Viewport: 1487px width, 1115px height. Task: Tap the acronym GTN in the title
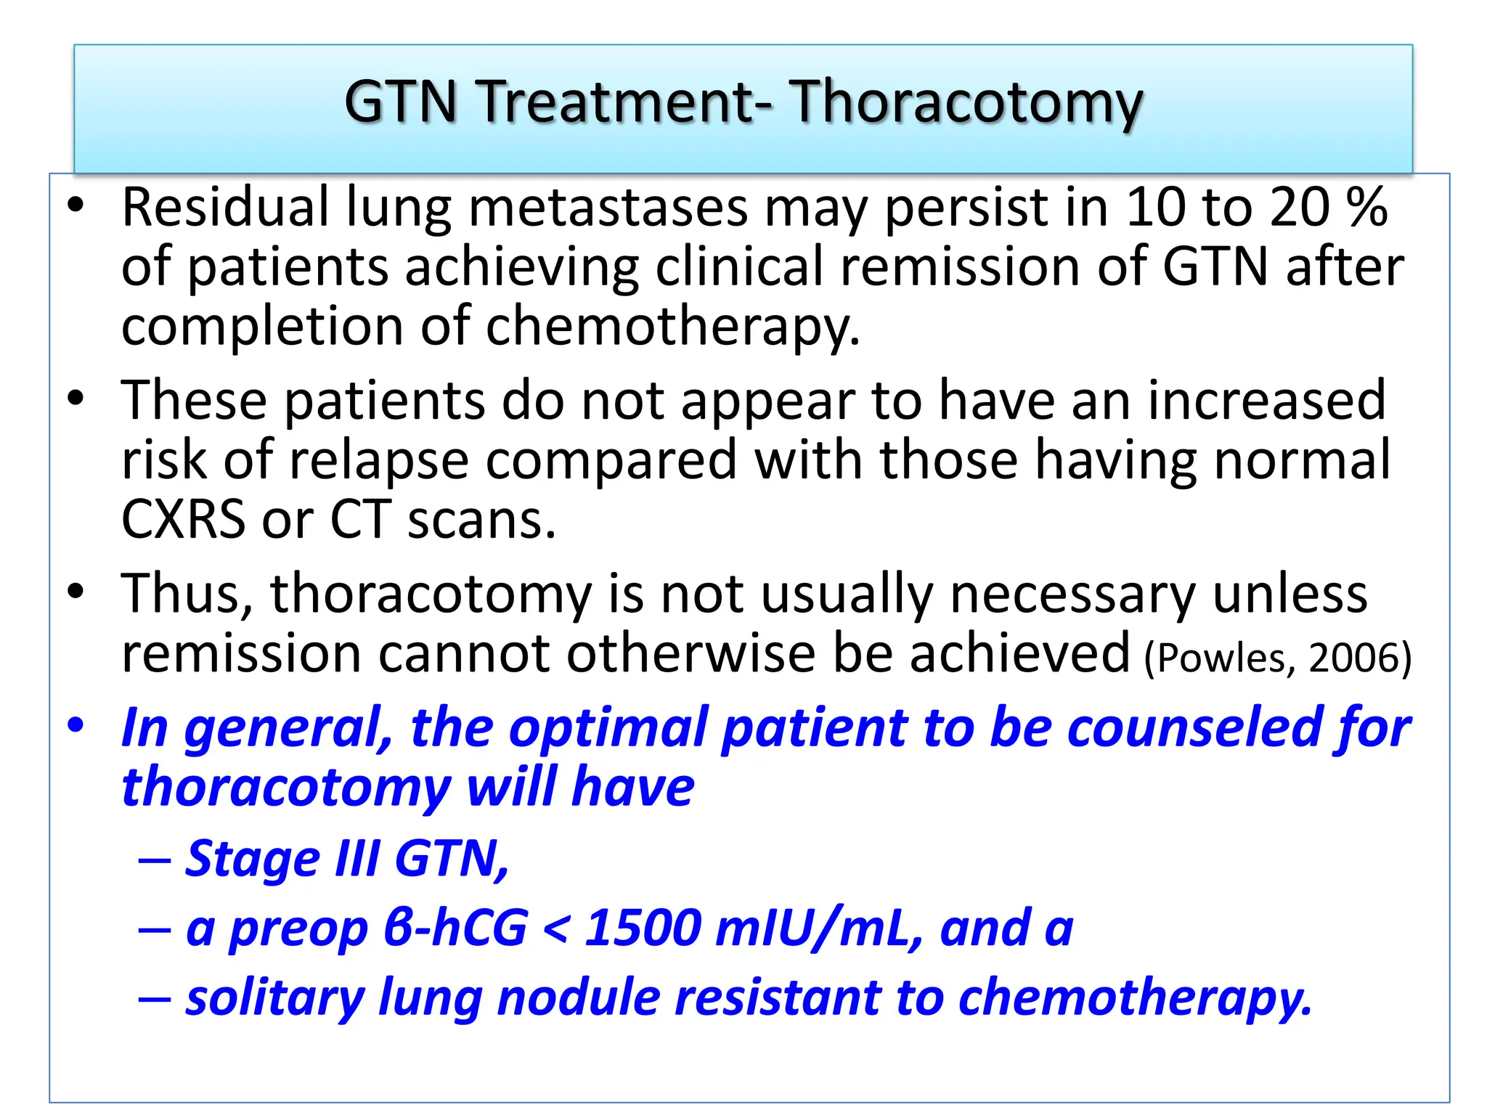coord(400,102)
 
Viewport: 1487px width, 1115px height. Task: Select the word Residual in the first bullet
coord(225,208)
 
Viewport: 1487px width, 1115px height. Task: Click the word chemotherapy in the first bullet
coord(672,327)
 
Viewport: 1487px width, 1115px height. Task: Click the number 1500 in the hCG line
coord(642,928)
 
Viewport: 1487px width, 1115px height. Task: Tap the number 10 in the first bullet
coord(1154,208)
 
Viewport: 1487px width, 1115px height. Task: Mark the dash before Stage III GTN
coord(155,861)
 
